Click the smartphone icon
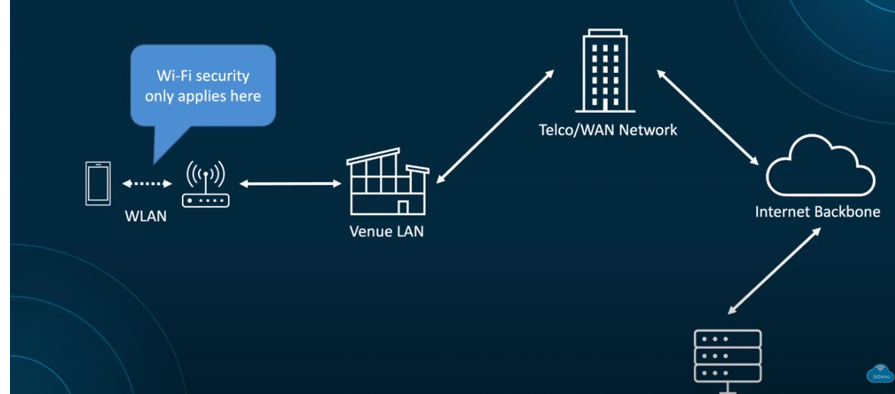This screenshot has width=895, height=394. pos(97,184)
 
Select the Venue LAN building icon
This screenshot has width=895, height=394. pos(387,184)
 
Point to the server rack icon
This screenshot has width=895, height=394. pos(727,356)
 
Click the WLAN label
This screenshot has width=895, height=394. pos(146,216)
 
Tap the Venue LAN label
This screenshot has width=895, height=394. pos(386,230)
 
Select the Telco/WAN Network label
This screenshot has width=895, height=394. pos(608,130)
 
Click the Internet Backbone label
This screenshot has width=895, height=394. pos(817,211)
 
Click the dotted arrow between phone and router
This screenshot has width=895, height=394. pos(146,184)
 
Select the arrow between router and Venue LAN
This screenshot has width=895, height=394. pos(290,184)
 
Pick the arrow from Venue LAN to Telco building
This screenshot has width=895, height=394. pos(494,127)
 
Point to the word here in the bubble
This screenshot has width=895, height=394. pos(245,96)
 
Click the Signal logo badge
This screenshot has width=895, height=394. pos(880,372)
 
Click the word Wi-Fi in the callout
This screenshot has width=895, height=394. pos(173,76)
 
